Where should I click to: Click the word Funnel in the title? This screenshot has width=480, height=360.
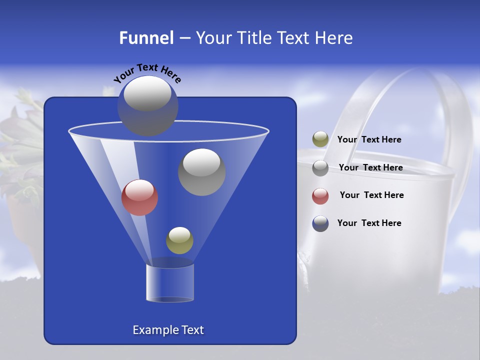(x=146, y=38)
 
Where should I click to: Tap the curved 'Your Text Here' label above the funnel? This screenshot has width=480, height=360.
(x=147, y=73)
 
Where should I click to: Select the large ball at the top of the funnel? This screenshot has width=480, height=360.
(x=148, y=105)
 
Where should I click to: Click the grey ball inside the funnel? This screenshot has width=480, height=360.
(x=202, y=172)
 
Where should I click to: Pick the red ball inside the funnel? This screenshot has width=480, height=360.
(x=139, y=197)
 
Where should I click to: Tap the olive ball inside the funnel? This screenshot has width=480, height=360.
(x=179, y=240)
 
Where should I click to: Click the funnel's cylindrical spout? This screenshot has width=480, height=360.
(x=170, y=283)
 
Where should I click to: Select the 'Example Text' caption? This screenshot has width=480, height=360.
(x=168, y=330)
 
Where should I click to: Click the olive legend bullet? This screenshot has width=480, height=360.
(x=320, y=139)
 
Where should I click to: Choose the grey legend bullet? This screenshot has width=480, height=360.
(x=320, y=168)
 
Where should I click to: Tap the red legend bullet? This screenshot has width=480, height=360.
(x=320, y=196)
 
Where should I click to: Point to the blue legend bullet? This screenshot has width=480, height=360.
(x=320, y=223)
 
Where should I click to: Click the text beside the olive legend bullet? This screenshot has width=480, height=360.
(x=369, y=140)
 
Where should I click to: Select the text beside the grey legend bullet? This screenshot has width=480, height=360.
(x=370, y=168)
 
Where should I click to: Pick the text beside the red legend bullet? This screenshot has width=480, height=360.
(x=371, y=195)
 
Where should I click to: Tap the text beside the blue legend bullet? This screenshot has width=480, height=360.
(x=369, y=223)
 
